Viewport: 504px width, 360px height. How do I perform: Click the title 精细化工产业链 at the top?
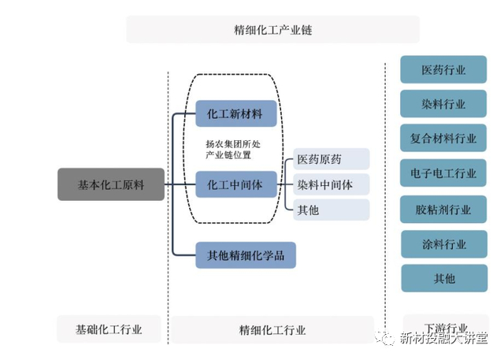click(272, 30)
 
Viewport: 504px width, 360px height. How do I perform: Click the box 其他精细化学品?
click(245, 254)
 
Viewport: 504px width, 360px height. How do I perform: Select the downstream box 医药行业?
click(443, 69)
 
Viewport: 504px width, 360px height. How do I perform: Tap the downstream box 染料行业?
click(443, 104)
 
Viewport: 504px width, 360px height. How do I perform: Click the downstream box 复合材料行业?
click(443, 139)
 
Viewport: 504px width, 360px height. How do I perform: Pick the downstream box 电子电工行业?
click(443, 173)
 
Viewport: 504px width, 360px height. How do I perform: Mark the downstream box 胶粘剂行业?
click(443, 209)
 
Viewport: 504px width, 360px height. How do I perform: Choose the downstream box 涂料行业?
click(443, 244)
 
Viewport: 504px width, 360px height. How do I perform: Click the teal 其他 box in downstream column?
click(443, 278)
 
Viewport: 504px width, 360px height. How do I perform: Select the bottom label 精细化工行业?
click(272, 329)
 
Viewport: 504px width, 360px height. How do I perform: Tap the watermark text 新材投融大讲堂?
click(443, 339)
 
